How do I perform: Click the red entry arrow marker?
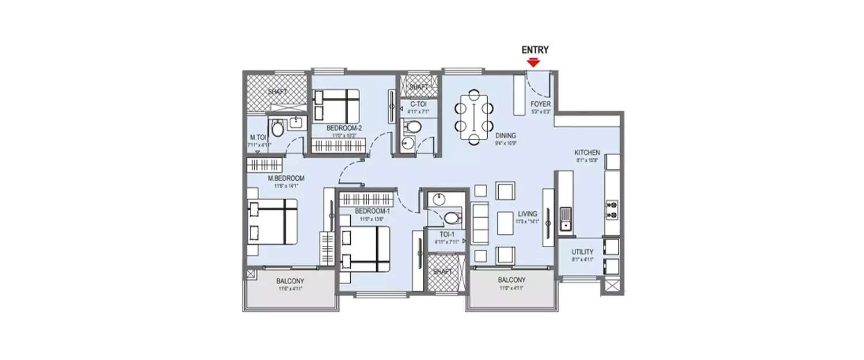click(x=535, y=62)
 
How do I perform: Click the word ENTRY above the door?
click(x=535, y=50)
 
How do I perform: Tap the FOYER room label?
click(x=541, y=104)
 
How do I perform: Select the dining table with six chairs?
click(x=474, y=117)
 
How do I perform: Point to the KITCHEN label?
click(x=588, y=152)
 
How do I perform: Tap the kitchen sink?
click(x=565, y=218)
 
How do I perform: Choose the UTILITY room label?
click(x=582, y=252)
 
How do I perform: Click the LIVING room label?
click(x=527, y=213)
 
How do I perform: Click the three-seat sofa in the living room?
click(x=479, y=222)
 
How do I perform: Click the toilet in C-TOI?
click(x=412, y=126)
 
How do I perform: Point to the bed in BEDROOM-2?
click(x=336, y=104)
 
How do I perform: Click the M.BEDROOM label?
click(x=286, y=179)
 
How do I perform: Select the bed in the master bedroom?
click(x=271, y=222)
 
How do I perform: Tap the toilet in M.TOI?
click(x=277, y=128)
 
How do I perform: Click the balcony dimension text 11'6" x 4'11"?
click(x=290, y=289)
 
